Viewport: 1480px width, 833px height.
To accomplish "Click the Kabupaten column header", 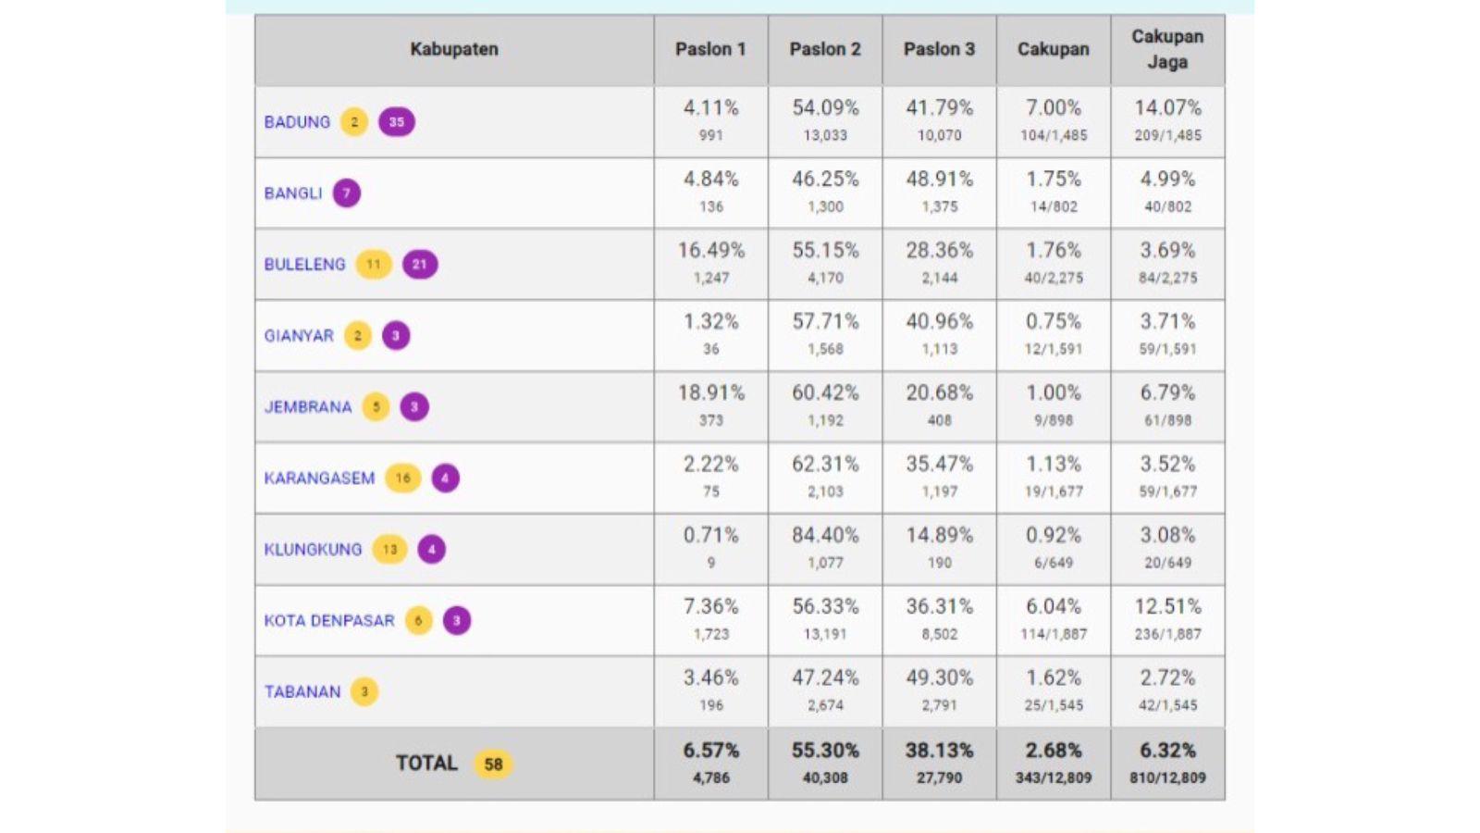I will point(453,49).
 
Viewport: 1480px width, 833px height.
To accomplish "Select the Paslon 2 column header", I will point(824,49).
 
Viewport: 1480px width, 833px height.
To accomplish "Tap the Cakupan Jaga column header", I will point(1167,49).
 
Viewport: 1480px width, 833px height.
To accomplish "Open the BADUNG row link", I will point(297,122).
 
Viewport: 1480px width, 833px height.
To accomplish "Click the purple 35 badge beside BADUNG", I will point(396,122).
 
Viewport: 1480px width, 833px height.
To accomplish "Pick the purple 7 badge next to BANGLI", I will point(347,193).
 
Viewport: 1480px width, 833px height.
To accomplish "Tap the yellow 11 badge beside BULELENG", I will point(374,265).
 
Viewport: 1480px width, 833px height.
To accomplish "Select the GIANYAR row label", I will point(299,336).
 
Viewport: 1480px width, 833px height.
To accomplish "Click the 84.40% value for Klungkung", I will point(825,535).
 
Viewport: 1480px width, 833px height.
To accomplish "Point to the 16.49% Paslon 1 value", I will point(710,250).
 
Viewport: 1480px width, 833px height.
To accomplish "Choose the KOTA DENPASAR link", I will point(329,620).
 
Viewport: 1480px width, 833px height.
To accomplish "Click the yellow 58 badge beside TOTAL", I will point(493,765).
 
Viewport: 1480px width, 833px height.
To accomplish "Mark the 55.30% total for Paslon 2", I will point(825,751).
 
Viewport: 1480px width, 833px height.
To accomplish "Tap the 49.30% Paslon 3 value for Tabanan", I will point(939,678).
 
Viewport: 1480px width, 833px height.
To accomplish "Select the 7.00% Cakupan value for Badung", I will point(1053,107).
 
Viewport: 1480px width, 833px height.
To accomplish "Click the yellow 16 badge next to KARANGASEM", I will point(403,479).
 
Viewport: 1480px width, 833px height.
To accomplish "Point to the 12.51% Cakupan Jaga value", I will point(1167,606).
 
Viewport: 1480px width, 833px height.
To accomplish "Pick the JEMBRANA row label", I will point(308,407).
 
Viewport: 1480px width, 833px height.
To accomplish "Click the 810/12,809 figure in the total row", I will point(1167,778).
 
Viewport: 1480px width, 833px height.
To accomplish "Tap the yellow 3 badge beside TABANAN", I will point(364,691).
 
